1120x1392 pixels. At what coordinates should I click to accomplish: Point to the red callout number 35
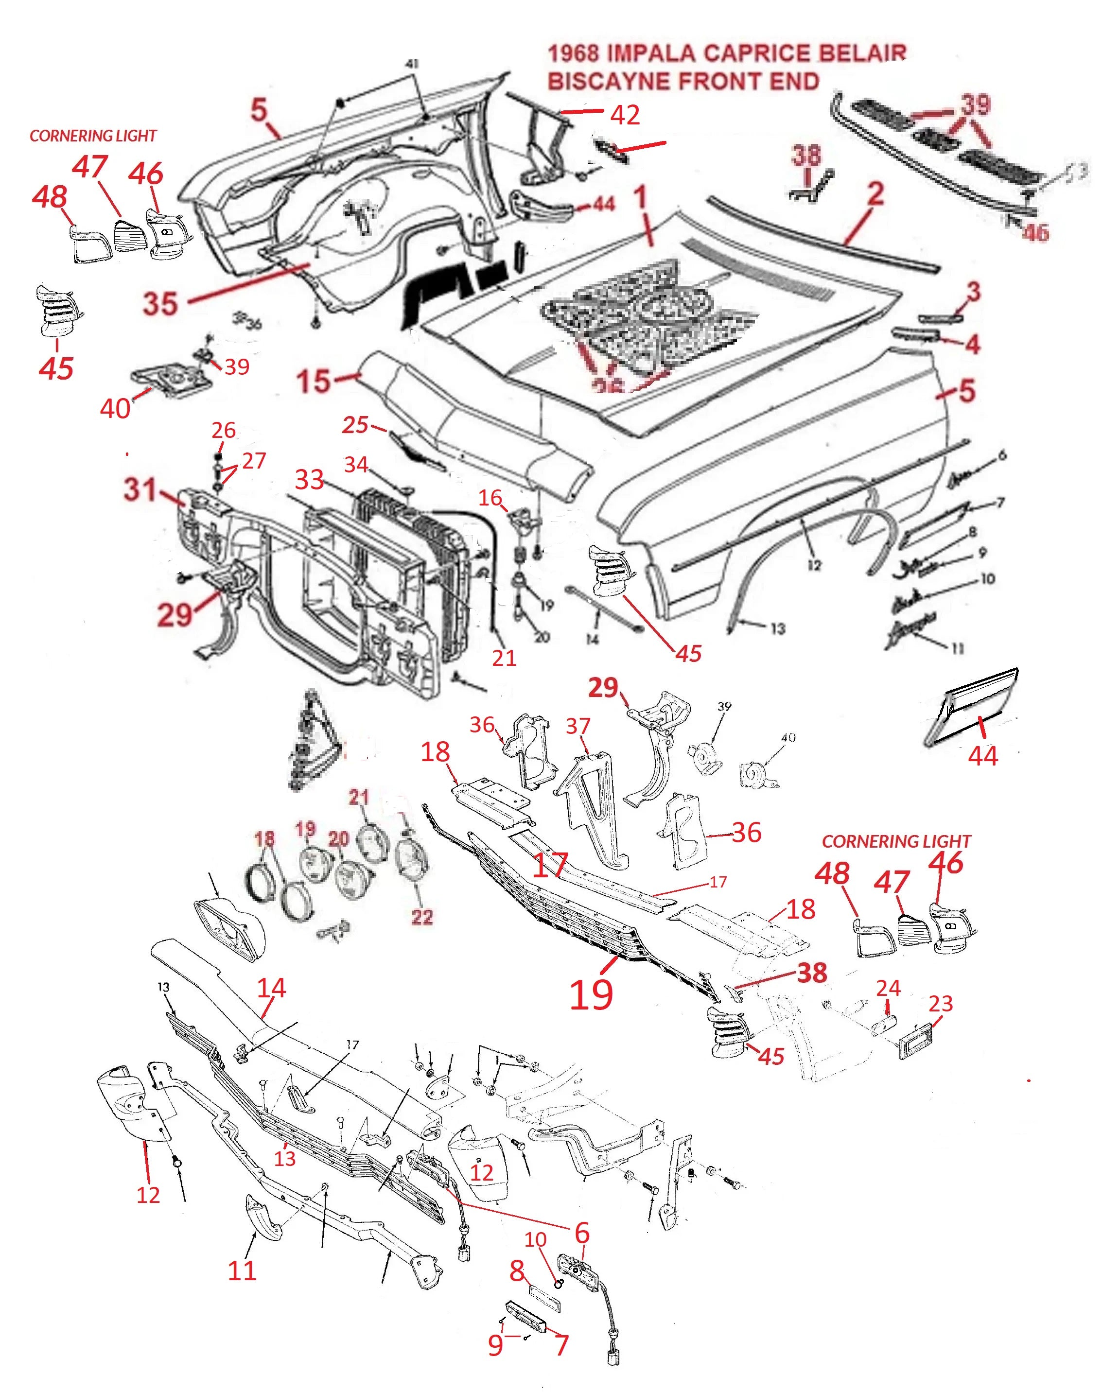point(160,303)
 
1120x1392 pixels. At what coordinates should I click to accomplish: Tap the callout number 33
point(309,479)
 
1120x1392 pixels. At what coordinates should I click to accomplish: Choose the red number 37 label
point(578,726)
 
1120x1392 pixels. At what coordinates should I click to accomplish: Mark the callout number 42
point(625,115)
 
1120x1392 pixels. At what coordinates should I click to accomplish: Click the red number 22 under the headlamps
point(422,916)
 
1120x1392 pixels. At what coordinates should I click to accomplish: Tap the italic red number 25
point(355,425)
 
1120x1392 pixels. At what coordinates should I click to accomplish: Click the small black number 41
point(412,64)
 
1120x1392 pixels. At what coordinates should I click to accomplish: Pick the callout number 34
point(356,464)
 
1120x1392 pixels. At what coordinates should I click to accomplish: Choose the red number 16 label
point(490,497)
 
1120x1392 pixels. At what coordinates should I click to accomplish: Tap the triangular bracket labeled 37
point(591,807)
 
